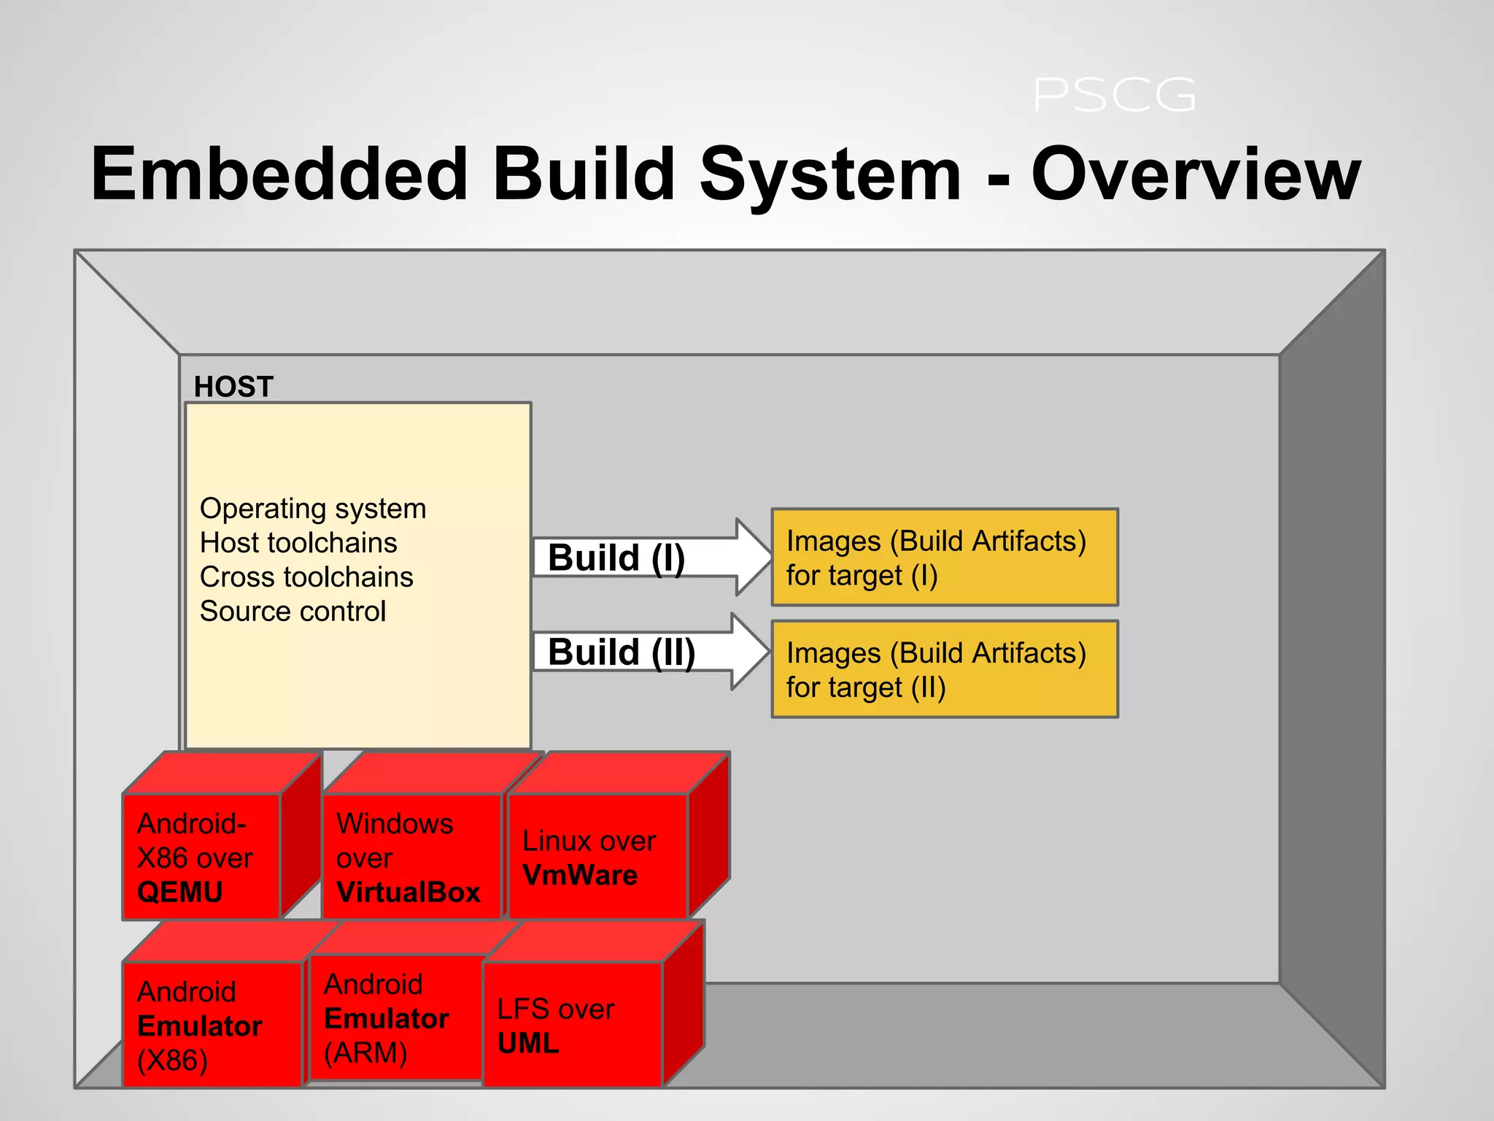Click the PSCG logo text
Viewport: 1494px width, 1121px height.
pyautogui.click(x=1114, y=96)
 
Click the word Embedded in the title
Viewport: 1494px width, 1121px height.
pyautogui.click(x=279, y=174)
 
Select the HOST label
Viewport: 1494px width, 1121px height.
pyautogui.click(x=233, y=386)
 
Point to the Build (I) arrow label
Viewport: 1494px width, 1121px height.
pyautogui.click(x=616, y=558)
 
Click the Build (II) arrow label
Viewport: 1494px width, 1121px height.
pyautogui.click(x=622, y=652)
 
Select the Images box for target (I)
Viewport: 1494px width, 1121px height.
pyautogui.click(x=944, y=558)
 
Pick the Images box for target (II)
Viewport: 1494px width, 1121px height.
pyautogui.click(x=944, y=669)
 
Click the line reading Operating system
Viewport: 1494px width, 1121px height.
pyautogui.click(x=313, y=509)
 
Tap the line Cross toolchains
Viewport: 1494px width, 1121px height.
pyautogui.click(x=306, y=577)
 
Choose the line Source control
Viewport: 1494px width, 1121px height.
pyautogui.click(x=293, y=612)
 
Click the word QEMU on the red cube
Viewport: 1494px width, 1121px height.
pyautogui.click(x=179, y=892)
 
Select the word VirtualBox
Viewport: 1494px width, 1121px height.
pyautogui.click(x=409, y=892)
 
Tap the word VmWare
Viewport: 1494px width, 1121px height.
pyautogui.click(x=580, y=875)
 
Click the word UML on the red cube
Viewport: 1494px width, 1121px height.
pyautogui.click(x=528, y=1044)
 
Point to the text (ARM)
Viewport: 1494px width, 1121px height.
pyautogui.click(x=365, y=1053)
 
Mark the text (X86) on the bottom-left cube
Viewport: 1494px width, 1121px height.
pyautogui.click(x=173, y=1060)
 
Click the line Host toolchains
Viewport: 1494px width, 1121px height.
pyautogui.click(x=298, y=543)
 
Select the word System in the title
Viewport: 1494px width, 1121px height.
pyautogui.click(x=830, y=174)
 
